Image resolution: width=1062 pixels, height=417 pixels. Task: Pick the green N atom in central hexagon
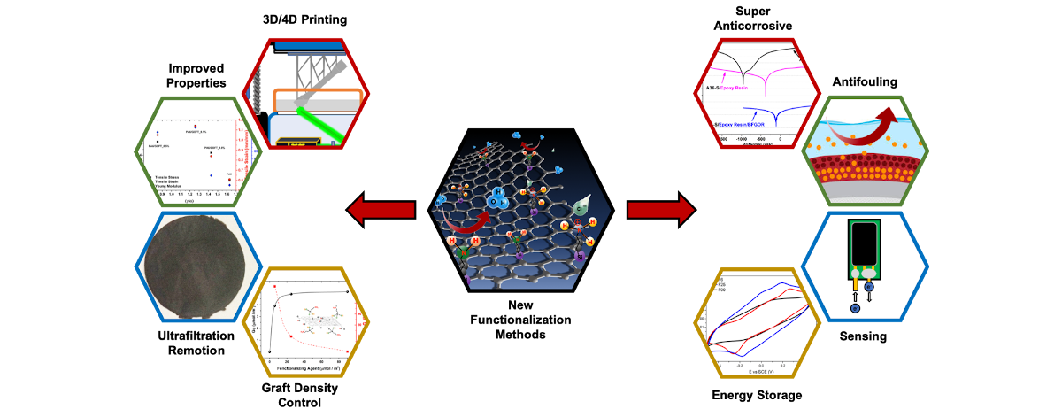(462, 254)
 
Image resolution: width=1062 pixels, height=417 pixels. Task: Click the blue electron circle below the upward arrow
(855, 308)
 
